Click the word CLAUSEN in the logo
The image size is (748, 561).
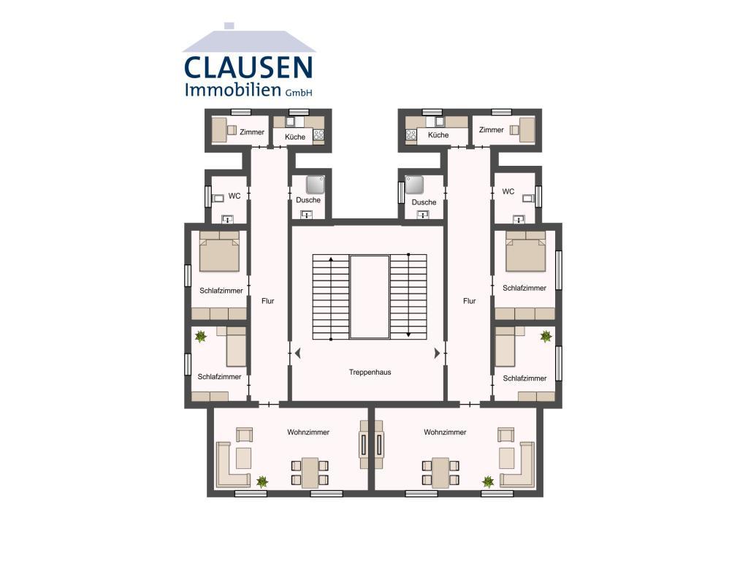click(x=248, y=67)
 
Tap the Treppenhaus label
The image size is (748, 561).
click(x=370, y=372)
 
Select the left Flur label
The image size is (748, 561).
click(x=267, y=301)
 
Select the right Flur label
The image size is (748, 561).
click(x=470, y=301)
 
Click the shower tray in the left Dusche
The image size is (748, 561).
click(x=316, y=185)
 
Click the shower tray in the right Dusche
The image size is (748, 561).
click(x=414, y=185)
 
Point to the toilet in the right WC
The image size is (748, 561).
click(x=529, y=198)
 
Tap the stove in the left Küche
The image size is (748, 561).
click(x=318, y=135)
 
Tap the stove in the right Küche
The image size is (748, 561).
click(x=411, y=135)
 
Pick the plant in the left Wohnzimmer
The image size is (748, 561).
click(x=262, y=481)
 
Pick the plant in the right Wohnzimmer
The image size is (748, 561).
click(x=487, y=482)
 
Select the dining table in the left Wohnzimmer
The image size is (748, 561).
click(x=310, y=473)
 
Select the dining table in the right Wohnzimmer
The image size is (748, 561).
click(x=440, y=473)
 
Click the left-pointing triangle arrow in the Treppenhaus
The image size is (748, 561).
click(x=298, y=354)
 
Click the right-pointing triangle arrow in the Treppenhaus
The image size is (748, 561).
click(x=437, y=354)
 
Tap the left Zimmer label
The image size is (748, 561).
click(x=252, y=132)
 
